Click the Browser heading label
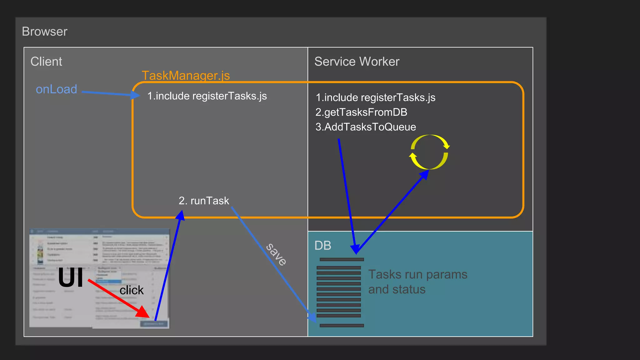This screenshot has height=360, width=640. pos(45,32)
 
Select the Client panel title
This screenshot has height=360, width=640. pos(46,62)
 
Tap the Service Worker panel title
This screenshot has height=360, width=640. pos(357,62)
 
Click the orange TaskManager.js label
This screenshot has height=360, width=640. pos(186,76)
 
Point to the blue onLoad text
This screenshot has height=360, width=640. pos(56,89)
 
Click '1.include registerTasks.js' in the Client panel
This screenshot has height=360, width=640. pos(207,96)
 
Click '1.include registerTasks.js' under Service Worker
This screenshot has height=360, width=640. pos(375,97)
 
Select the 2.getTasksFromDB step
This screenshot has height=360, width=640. pos(361,112)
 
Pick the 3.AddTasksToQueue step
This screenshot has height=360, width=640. pos(366,127)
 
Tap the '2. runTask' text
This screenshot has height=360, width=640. pos(204,201)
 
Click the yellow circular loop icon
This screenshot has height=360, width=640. pos(429,152)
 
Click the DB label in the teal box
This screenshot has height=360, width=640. pos(322,246)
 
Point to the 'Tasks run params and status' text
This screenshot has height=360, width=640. pos(417,282)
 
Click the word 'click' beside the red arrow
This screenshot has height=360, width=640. pos(132,290)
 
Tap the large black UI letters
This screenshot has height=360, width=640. pos(71,278)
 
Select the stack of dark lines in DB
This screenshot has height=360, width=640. pos(340,292)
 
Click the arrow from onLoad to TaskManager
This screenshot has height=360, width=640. pos(109,93)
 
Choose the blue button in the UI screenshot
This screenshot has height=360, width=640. pos(154,324)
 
